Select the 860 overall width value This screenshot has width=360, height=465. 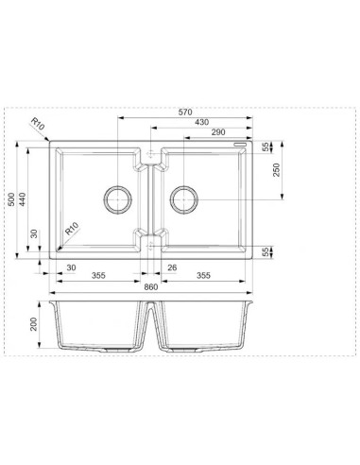coord(151,285)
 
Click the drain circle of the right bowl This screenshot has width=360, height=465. coord(182,199)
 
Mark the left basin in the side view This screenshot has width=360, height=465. coord(98,326)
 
